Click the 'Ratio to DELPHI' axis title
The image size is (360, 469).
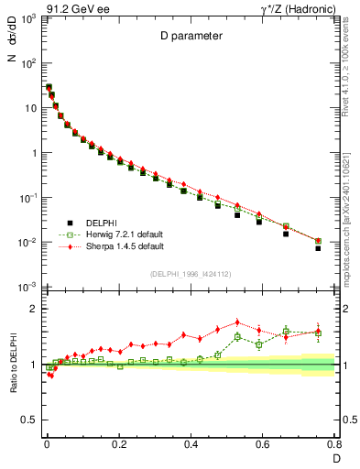[x=12, y=364]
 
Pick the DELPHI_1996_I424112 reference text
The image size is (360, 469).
[x=190, y=273]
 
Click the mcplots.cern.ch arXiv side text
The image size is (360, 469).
[x=351, y=220]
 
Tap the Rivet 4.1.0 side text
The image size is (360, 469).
[x=351, y=66]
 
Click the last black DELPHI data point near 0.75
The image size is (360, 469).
[x=318, y=248]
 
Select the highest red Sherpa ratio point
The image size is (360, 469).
[x=238, y=322]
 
